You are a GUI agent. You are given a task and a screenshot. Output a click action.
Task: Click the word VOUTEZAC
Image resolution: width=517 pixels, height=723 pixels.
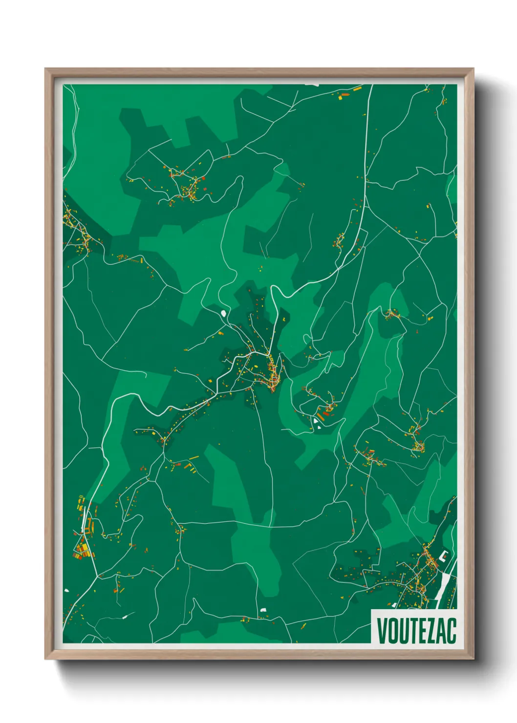coord(416,630)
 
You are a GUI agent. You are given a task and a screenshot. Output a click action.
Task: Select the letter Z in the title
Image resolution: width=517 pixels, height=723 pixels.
coord(429,630)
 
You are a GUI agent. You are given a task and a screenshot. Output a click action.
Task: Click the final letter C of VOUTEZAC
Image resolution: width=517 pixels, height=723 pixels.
coord(452,630)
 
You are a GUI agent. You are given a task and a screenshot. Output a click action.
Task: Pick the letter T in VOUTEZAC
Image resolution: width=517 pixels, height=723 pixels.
coord(411,630)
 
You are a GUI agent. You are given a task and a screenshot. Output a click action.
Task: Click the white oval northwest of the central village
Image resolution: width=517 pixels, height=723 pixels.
coord(224,313)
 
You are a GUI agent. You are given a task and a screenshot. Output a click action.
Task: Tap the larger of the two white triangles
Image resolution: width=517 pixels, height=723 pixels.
coord(316,419)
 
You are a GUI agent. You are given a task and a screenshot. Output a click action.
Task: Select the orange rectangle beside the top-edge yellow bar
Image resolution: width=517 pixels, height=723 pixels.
coord(345,94)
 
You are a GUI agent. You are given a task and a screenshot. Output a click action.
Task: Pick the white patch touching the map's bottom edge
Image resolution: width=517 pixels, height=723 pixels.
coord(263,610)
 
